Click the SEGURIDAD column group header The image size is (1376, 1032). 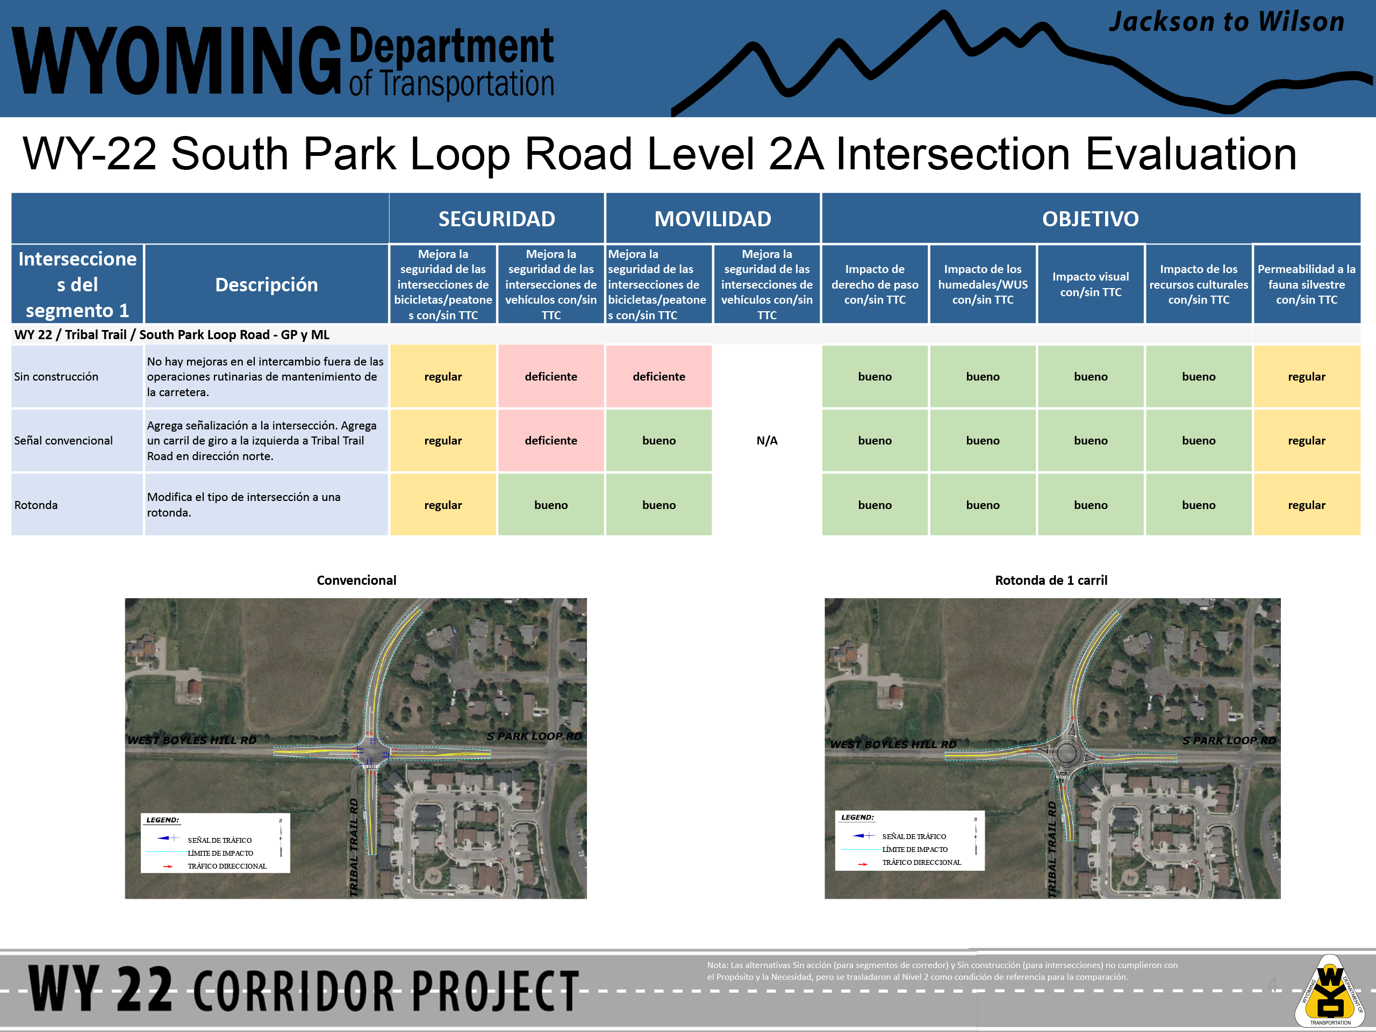click(x=497, y=219)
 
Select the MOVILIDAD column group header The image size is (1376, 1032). click(x=712, y=219)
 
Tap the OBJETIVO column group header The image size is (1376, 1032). click(x=1091, y=219)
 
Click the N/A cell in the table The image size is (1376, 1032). click(x=766, y=440)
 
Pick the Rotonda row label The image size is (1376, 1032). click(x=36, y=505)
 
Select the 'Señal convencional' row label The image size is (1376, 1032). click(x=63, y=440)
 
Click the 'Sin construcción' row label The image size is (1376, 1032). click(x=56, y=376)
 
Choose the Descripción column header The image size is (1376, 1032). click(x=266, y=284)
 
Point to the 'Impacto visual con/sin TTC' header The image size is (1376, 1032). click(x=1091, y=284)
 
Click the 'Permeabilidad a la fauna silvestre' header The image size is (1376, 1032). click(x=1306, y=284)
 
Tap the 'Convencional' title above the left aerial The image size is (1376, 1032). click(x=356, y=580)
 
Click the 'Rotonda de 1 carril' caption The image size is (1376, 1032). click(x=1051, y=580)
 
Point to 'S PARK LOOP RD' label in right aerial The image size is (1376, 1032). click(x=1229, y=740)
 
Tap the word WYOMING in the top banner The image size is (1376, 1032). click(x=176, y=61)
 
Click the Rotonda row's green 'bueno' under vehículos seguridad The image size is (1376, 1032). click(x=550, y=505)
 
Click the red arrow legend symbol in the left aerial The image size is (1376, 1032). click(x=167, y=866)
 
